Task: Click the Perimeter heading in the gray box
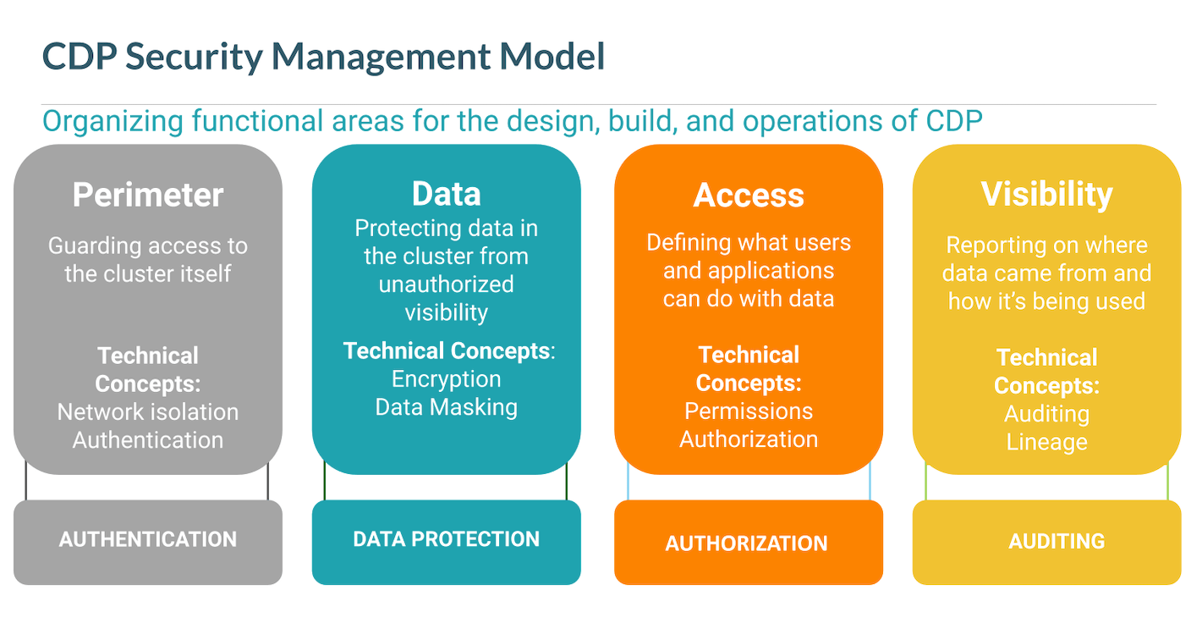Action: (148, 195)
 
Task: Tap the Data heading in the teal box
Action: (446, 194)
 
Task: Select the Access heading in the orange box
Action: (749, 196)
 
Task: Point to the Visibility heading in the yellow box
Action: (1046, 194)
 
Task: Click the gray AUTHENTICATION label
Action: (148, 539)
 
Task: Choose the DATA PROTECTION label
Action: (446, 539)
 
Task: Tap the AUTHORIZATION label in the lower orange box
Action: (747, 543)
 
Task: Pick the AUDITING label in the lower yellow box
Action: (1057, 541)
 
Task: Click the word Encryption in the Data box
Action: (447, 379)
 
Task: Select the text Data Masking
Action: (447, 407)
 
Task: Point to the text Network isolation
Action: (148, 412)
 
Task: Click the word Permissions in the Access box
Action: (749, 411)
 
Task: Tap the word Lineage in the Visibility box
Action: (1046, 442)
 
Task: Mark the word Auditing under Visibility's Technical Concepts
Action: (1046, 414)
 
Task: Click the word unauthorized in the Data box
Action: (447, 284)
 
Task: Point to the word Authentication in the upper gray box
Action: (148, 440)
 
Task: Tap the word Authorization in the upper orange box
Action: (749, 439)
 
